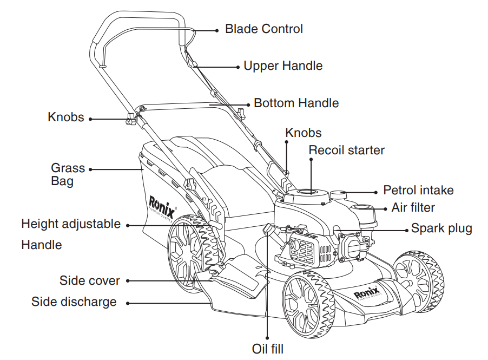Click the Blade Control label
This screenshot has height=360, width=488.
coord(263,29)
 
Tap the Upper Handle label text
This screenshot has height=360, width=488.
coord(283,66)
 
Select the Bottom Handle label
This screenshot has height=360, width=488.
coord(296,103)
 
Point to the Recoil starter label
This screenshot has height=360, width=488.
coord(346,150)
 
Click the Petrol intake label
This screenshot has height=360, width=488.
coord(418,191)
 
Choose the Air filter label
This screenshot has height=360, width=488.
coord(413,208)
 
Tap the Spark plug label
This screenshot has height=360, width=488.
coord(441,228)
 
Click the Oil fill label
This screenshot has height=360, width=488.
coord(267,349)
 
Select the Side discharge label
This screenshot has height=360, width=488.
coord(74,302)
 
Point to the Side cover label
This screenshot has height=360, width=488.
coord(89,280)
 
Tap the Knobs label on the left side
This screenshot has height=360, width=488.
coord(65,117)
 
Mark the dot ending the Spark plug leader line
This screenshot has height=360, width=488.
coord(407,230)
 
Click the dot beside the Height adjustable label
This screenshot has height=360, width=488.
coord(128,224)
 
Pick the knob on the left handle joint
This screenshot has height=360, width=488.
coord(130,120)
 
